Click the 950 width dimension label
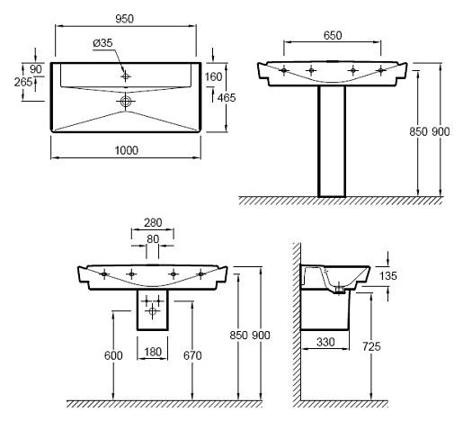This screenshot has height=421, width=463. click(x=124, y=19)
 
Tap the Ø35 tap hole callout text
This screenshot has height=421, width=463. click(x=102, y=43)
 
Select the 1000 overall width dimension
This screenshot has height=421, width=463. click(x=127, y=150)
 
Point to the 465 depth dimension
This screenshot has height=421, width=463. click(x=227, y=97)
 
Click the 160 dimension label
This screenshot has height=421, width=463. click(x=213, y=76)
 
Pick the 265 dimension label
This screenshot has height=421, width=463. click(x=23, y=82)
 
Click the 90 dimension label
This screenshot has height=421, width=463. click(x=36, y=69)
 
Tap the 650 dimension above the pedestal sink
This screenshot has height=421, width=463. click(x=333, y=35)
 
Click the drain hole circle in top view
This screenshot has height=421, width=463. click(x=126, y=101)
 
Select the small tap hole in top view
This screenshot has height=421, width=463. click(x=126, y=76)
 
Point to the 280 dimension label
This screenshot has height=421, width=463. click(x=153, y=222)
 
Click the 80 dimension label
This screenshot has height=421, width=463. click(x=153, y=239)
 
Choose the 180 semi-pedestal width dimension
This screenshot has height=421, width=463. click(x=153, y=352)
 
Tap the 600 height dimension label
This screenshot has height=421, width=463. click(x=113, y=355)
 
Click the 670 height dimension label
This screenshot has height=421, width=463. click(x=192, y=355)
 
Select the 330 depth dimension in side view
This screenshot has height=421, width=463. click(x=325, y=342)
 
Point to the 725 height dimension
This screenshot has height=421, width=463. click(x=371, y=346)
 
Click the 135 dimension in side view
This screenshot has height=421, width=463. click(x=387, y=275)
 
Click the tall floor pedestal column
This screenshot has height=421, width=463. click(x=332, y=141)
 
